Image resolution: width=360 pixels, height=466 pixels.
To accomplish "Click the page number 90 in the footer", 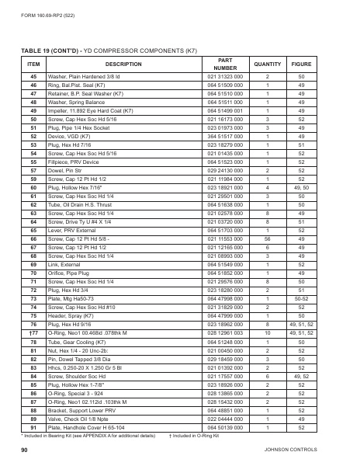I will coord(25,450).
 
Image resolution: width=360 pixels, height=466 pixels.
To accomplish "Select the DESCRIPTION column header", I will coord(123,63).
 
